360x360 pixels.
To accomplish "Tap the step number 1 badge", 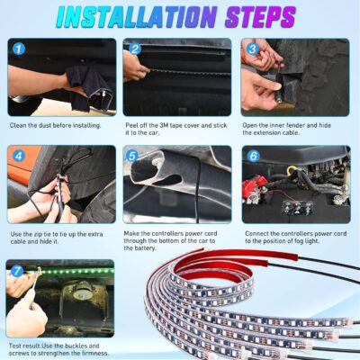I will point(18,49).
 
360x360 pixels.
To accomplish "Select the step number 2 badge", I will point(135,49).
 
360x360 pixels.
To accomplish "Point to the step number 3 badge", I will point(253,49).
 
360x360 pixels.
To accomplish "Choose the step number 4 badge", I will point(18,156).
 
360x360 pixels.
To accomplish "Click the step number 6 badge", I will point(253,156).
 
